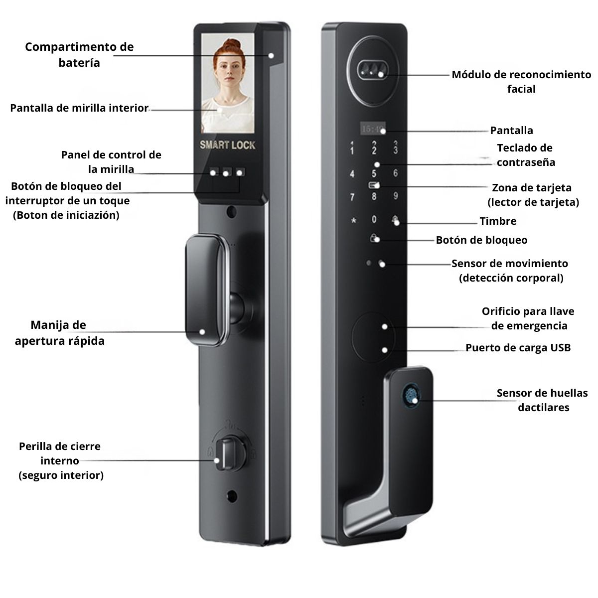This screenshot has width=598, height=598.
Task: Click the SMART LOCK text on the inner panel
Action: pyautogui.click(x=227, y=145)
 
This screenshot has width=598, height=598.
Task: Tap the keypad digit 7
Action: pyautogui.click(x=352, y=197)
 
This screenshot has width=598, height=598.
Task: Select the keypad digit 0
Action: pyautogui.click(x=374, y=219)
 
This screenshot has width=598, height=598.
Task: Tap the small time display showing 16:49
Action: pyautogui.click(x=373, y=129)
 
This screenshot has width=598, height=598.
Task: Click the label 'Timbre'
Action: pyautogui.click(x=498, y=221)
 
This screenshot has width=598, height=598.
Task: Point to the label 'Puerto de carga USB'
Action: pyautogui.click(x=518, y=347)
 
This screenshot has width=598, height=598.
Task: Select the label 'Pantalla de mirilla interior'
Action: pyautogui.click(x=79, y=108)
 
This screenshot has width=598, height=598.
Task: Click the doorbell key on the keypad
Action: pyautogui.click(x=395, y=219)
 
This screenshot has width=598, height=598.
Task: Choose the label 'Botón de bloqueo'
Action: pyautogui.click(x=481, y=240)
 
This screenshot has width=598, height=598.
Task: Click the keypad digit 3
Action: pyautogui.click(x=395, y=147)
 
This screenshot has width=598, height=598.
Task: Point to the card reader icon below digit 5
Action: pyautogui.click(x=374, y=185)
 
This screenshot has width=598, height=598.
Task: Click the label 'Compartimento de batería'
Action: pyautogui.click(x=79, y=55)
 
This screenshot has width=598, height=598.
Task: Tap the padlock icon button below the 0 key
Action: pyautogui.click(x=374, y=238)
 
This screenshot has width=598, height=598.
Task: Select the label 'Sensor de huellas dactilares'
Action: pyautogui.click(x=543, y=400)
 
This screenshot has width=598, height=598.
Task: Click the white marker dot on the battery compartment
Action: pyautogui.click(x=271, y=55)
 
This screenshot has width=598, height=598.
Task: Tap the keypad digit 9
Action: pyautogui.click(x=395, y=196)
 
